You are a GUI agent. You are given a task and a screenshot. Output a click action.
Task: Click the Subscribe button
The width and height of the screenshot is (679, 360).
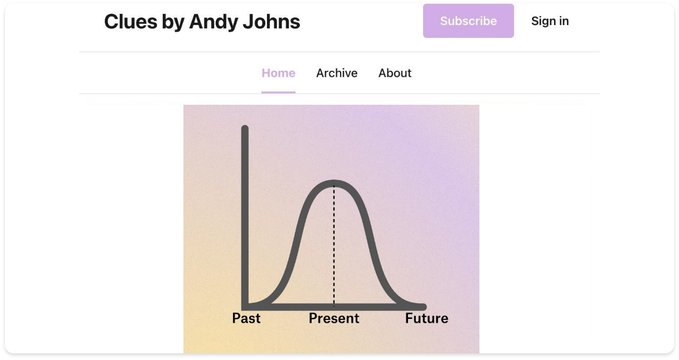pos(468,21)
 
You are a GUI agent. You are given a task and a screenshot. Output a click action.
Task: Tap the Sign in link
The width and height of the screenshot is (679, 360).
pos(550,21)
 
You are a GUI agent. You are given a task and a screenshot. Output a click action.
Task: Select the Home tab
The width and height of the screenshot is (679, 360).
pos(278,73)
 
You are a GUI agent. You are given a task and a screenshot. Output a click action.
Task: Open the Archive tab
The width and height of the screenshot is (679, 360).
pos(337,73)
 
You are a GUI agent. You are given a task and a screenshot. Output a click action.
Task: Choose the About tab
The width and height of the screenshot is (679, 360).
pos(395,73)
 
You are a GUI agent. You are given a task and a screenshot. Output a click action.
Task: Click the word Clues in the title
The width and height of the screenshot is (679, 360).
pos(130,22)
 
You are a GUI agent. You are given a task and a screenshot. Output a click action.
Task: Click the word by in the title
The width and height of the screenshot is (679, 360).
pos(173,22)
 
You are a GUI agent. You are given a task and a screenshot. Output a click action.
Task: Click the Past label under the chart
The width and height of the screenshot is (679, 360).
pos(246,318)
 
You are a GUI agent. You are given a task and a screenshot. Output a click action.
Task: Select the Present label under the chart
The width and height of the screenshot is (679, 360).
pos(334,318)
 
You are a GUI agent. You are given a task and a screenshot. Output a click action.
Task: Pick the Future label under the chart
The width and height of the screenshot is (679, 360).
pos(426,318)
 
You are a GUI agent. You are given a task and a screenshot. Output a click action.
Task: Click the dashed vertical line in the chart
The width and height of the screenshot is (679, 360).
pos(334,245)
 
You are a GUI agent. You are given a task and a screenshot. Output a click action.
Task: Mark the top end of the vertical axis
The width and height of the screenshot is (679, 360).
pos(245,127)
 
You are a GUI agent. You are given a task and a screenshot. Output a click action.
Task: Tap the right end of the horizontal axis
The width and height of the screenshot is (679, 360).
pos(424,307)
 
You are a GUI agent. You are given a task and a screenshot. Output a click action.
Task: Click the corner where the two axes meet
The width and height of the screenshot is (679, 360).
pos(245,307)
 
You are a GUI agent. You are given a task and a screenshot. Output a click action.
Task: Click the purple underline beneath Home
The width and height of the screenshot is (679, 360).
pos(278,92)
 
